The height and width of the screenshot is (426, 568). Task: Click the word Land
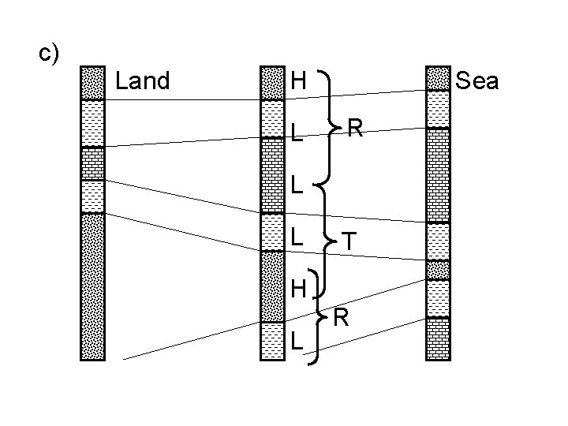point(143,81)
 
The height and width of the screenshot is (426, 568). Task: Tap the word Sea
point(477,81)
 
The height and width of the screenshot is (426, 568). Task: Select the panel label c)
point(50,53)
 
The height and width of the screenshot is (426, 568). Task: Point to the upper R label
point(355,129)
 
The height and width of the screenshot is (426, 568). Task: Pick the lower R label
point(341,318)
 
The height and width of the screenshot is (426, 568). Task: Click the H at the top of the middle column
point(298,80)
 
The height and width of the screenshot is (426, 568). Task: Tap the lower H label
point(298,290)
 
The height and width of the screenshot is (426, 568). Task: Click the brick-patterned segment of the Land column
point(93,164)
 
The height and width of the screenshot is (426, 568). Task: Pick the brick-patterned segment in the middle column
point(272,176)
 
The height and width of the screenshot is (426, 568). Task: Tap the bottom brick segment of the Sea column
point(438,338)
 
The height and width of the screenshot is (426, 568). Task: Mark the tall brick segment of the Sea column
point(438,175)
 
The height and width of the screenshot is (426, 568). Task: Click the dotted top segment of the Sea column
point(438,79)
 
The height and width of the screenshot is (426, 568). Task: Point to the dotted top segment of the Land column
point(93,83)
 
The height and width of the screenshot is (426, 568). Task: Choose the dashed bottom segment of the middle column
point(272,340)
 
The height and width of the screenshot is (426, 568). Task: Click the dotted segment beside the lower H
point(272,286)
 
